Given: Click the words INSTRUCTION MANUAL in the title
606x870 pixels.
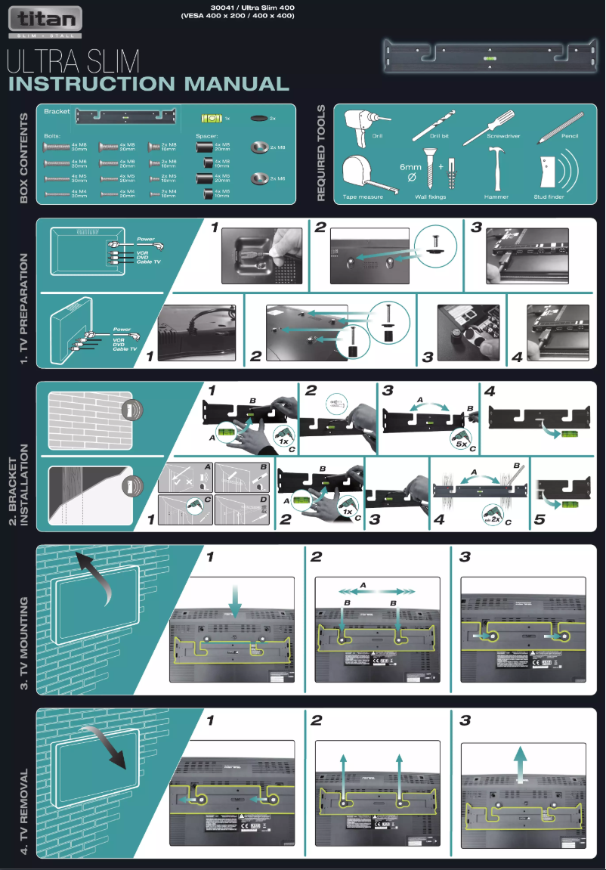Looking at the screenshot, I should tap(148, 84).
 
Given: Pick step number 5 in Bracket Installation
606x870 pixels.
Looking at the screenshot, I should tap(539, 520).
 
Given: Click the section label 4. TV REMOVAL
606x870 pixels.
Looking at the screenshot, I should tap(25, 812).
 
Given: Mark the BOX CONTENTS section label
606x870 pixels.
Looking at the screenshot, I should tap(25, 158).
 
